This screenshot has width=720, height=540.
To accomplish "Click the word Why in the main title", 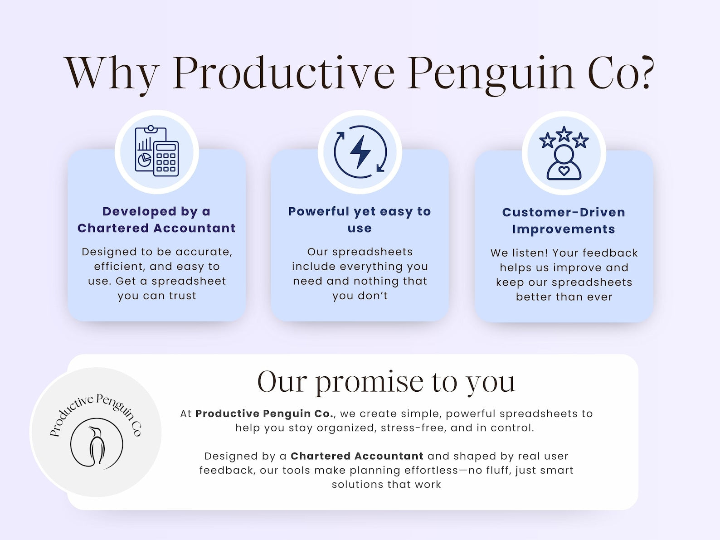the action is coord(111,74).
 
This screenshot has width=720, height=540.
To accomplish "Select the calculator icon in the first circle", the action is coord(166,159).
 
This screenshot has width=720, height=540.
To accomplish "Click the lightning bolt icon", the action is coord(360,152).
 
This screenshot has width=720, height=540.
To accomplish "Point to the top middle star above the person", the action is coord(564,134).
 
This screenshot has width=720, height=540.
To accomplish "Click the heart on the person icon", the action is coord(564,170).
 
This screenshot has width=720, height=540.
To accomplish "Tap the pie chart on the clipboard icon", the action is coord(144,160).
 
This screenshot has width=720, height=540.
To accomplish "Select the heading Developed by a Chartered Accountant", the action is coord(156,219).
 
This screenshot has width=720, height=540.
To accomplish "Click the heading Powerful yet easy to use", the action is coord(360,219).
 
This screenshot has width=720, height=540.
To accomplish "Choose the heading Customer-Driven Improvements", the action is coord(564,221).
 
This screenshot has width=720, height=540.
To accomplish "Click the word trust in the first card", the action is coord(182,296).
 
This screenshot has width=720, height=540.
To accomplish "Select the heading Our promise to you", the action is coord(386,382).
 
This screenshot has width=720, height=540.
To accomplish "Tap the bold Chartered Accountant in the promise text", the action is coord(357,456).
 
